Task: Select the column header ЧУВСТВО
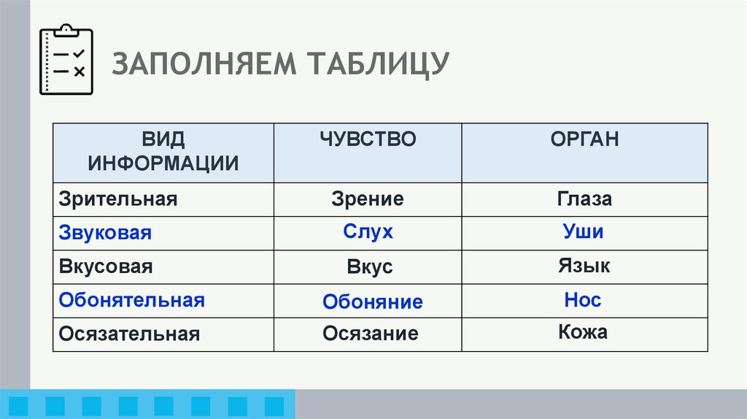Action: click(367, 139)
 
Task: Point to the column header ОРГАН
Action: click(584, 139)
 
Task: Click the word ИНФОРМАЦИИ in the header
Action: click(163, 163)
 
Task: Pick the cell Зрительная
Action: click(118, 199)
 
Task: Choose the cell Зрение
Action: click(368, 199)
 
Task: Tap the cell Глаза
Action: click(584, 199)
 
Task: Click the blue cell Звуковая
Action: click(105, 233)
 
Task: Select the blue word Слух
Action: click(368, 232)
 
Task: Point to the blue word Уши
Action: click(583, 232)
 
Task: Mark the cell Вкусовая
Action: click(106, 266)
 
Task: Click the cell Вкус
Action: click(370, 267)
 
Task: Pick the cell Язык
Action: click(584, 266)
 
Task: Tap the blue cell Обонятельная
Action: click(132, 300)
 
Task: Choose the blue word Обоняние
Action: click(373, 301)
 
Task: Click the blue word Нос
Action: click(583, 300)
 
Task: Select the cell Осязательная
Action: click(129, 334)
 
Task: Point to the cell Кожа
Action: click(583, 333)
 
